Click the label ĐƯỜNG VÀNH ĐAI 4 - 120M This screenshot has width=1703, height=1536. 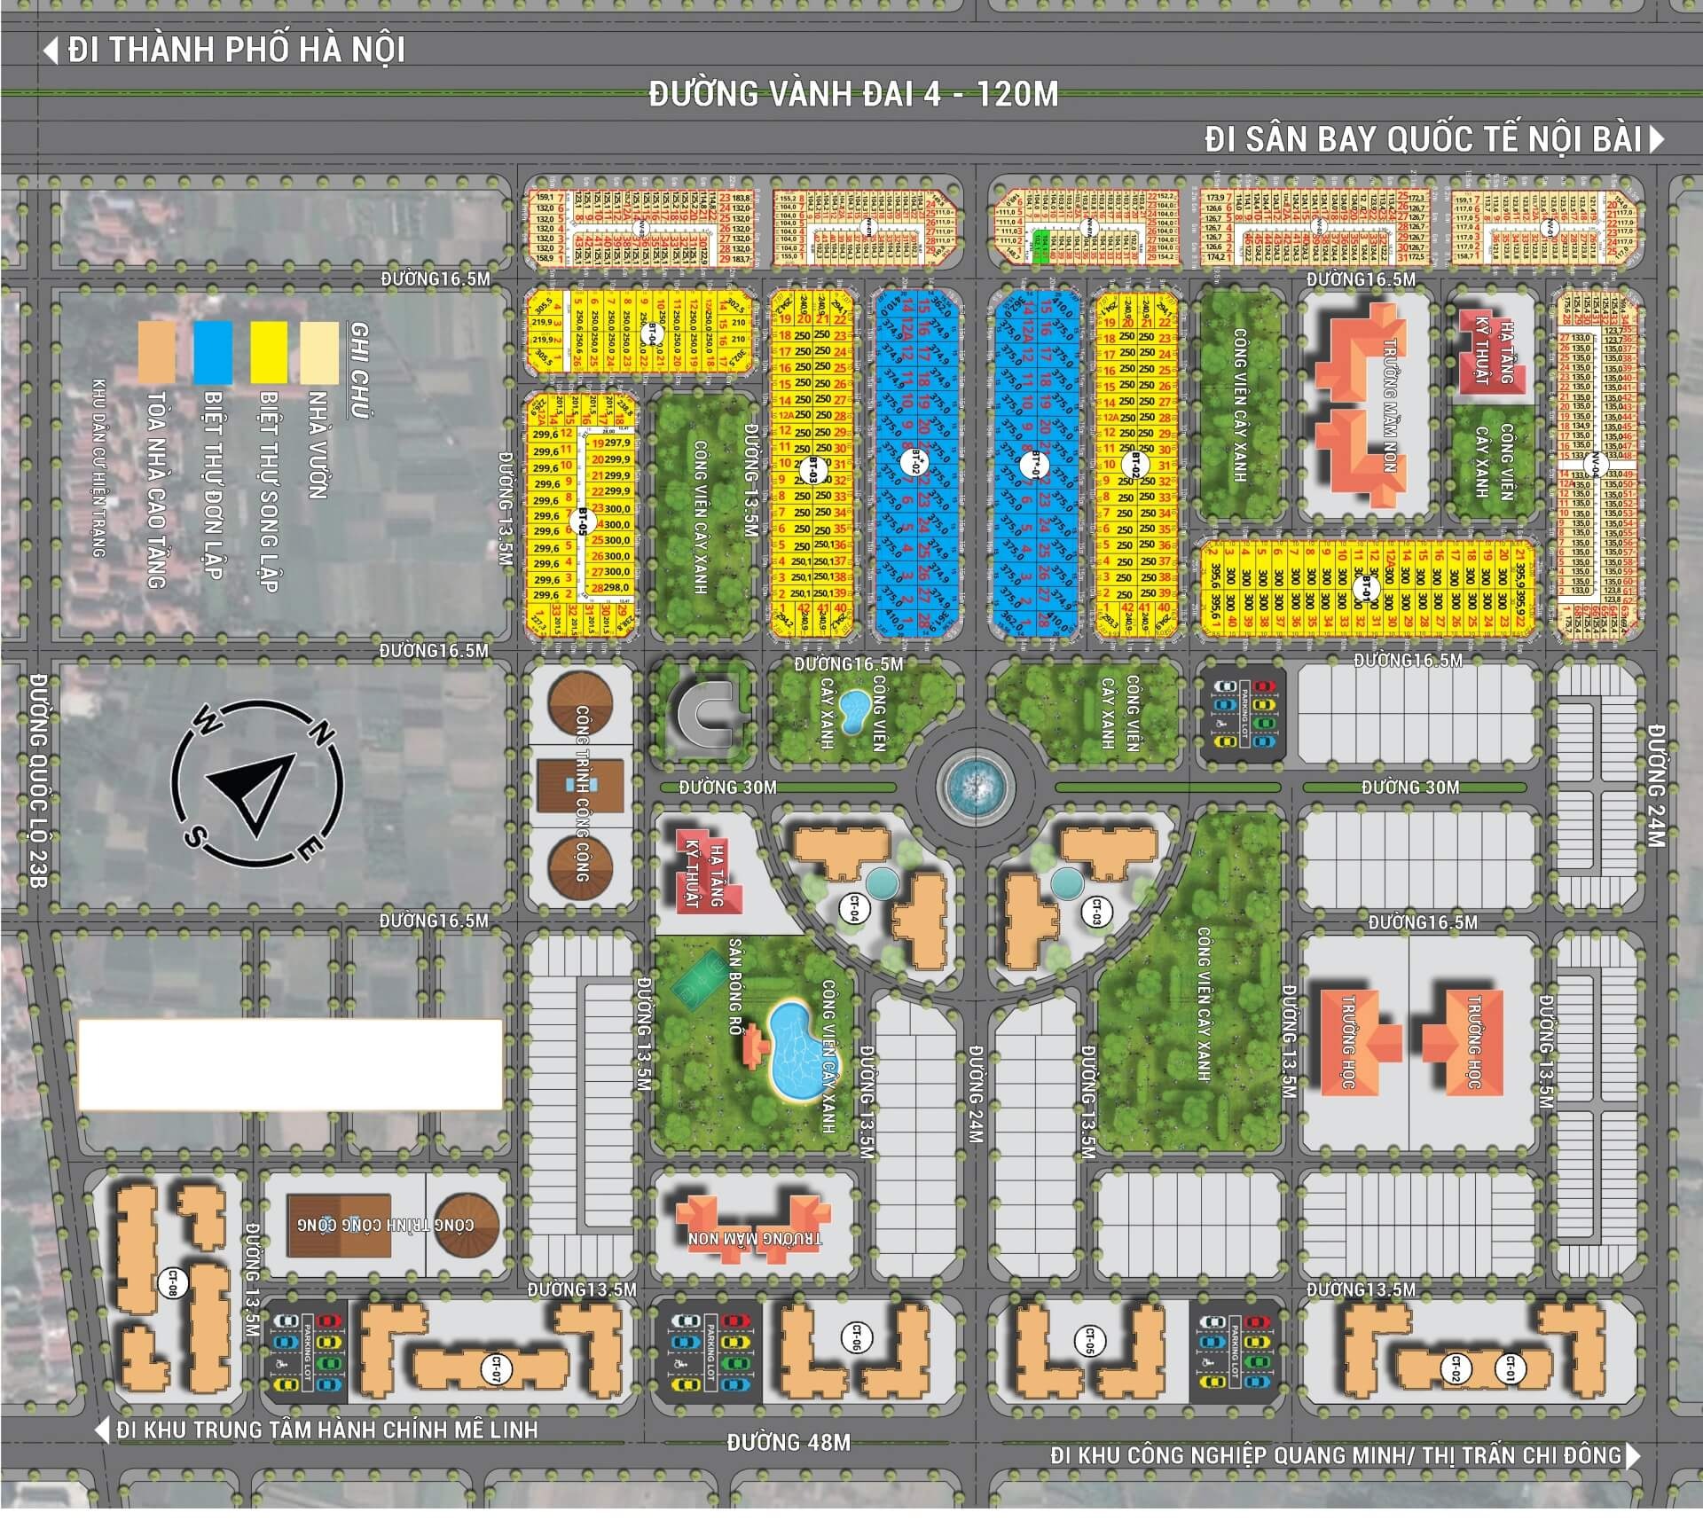click(853, 94)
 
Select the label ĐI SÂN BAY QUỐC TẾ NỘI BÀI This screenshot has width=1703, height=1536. click(1424, 140)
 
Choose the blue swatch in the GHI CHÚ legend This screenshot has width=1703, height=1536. click(213, 353)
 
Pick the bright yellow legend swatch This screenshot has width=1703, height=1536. click(269, 353)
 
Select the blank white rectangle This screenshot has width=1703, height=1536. click(290, 1064)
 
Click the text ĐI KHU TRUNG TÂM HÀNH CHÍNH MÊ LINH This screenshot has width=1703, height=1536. click(326, 1430)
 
